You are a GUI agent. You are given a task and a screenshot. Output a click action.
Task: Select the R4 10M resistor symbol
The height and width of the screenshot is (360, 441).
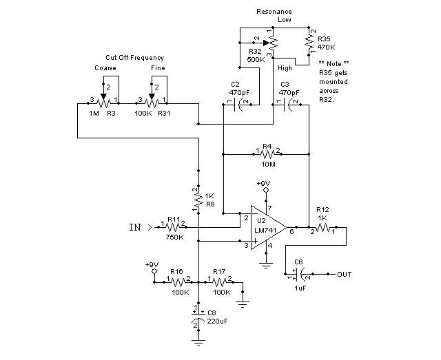[267, 154]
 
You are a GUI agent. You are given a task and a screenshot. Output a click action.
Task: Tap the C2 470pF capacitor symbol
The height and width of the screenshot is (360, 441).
[238, 104]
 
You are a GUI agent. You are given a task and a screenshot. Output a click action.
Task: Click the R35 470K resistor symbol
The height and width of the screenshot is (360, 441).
[309, 42]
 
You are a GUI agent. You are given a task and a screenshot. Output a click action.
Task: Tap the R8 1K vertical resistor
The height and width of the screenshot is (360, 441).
[198, 198]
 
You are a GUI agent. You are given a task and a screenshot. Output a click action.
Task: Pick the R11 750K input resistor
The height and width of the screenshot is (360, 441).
[172, 225]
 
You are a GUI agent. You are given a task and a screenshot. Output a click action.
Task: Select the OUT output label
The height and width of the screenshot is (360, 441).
[345, 274]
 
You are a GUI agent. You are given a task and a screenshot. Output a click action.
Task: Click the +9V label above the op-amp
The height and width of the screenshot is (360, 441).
[263, 184]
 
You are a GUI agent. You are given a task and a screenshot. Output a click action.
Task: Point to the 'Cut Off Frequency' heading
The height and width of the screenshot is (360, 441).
[134, 57]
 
